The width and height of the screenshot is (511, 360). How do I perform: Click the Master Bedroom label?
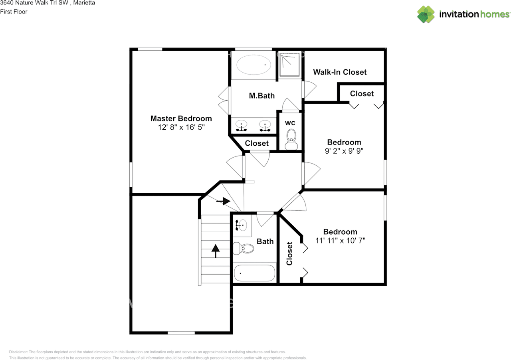pos(181,119)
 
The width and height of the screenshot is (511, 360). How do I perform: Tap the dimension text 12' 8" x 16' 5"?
pos(181,127)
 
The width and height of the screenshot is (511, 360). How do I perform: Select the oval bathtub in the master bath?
pos(254,65)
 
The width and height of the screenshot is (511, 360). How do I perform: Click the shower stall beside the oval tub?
pos(290,65)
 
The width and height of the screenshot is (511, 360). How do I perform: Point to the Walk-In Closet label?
pos(340,72)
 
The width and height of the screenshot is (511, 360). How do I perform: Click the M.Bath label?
pos(261,96)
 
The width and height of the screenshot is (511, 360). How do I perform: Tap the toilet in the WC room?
pos(291,139)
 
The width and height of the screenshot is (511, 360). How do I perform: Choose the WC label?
pos(290,123)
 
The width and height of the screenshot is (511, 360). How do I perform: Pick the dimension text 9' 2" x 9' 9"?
pos(344,151)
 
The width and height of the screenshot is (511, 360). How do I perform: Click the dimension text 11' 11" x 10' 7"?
pos(341,240)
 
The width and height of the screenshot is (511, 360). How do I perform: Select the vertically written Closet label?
pos(289,253)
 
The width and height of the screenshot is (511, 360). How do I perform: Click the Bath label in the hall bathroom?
pos(265,241)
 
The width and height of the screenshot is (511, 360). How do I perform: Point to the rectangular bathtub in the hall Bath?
pos(254,273)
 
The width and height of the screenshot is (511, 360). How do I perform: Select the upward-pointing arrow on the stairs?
pos(215,251)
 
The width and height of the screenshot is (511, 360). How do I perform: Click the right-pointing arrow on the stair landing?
pos(223,201)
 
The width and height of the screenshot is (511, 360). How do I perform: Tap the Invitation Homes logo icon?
pos(426,14)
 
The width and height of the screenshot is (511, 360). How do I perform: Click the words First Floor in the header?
pos(14,12)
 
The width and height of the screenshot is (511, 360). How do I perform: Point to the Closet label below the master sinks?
pos(257,143)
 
